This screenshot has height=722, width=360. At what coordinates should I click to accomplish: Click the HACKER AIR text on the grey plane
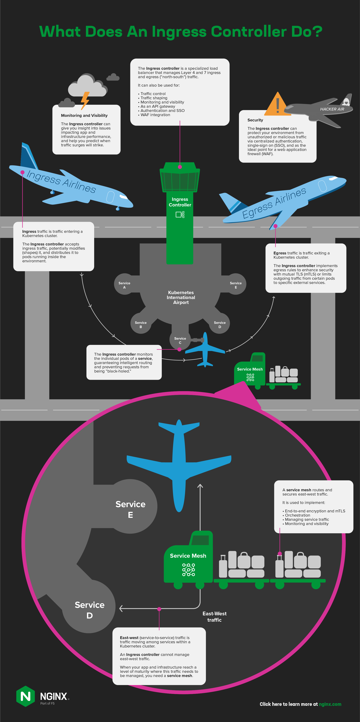[x=332, y=109]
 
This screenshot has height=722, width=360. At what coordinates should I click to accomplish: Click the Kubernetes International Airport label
[x=181, y=297]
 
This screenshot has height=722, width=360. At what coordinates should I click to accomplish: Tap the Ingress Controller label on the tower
[x=180, y=202]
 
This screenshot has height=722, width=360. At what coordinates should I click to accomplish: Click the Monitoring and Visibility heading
[x=84, y=115]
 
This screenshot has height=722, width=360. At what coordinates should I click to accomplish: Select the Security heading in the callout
[x=255, y=120]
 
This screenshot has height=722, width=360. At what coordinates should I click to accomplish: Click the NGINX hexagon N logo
[x=25, y=696]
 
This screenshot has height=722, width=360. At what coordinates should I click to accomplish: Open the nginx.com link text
[x=330, y=704]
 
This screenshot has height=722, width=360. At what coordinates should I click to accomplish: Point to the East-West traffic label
[x=215, y=617]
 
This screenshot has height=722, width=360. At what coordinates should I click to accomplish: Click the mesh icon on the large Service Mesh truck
[x=189, y=569]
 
